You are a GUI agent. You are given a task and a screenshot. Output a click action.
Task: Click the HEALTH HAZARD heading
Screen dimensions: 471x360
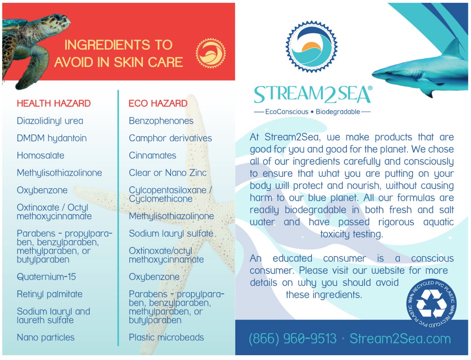click(54, 103)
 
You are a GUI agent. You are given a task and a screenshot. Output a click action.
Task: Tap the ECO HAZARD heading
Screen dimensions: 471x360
click(158, 103)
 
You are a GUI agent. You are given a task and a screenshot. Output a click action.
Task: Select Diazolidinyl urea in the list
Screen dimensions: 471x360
click(50, 121)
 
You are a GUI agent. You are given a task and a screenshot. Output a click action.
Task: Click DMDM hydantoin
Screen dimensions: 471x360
click(52, 138)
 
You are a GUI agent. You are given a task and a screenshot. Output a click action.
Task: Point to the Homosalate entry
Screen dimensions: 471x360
click(40, 155)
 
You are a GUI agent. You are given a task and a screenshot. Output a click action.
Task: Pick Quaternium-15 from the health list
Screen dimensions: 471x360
click(46, 277)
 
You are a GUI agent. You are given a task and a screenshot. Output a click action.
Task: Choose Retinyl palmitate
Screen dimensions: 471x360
click(49, 294)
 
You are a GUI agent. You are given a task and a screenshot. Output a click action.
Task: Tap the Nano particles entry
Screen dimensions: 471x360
click(46, 338)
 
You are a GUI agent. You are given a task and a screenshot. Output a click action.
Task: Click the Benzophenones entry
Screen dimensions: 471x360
click(161, 121)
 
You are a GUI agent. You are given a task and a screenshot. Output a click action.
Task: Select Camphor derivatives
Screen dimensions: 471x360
click(170, 138)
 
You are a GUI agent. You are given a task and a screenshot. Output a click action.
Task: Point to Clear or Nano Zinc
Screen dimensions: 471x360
click(168, 173)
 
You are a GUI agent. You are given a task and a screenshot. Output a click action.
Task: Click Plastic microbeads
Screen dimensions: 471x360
click(166, 338)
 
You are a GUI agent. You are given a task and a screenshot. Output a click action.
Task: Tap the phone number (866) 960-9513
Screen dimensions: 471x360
click(292, 339)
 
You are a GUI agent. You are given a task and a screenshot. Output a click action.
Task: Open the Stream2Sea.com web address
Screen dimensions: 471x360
click(400, 339)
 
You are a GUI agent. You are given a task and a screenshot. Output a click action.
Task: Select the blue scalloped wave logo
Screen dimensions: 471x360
click(311, 47)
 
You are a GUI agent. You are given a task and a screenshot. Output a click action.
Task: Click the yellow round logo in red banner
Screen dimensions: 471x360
click(210, 53)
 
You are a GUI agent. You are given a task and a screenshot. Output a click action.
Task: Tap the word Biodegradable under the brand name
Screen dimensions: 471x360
click(338, 112)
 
